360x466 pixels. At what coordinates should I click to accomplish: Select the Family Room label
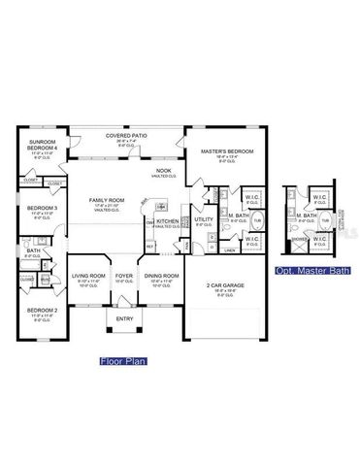pyautogui.click(x=101, y=200)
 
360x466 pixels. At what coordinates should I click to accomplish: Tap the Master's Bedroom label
pyautogui.click(x=226, y=152)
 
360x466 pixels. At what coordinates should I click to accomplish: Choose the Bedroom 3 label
pyautogui.click(x=43, y=208)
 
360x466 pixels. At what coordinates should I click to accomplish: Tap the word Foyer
pyautogui.click(x=124, y=276)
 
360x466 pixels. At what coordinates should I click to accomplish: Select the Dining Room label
pyautogui.click(x=162, y=276)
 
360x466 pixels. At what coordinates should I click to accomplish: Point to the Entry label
pyautogui.click(x=125, y=318)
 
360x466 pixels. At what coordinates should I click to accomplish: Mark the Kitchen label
pyautogui.click(x=168, y=221)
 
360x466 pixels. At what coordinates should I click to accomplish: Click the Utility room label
pyautogui.click(x=203, y=219)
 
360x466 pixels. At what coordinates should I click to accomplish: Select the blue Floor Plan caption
pyautogui.click(x=122, y=361)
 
